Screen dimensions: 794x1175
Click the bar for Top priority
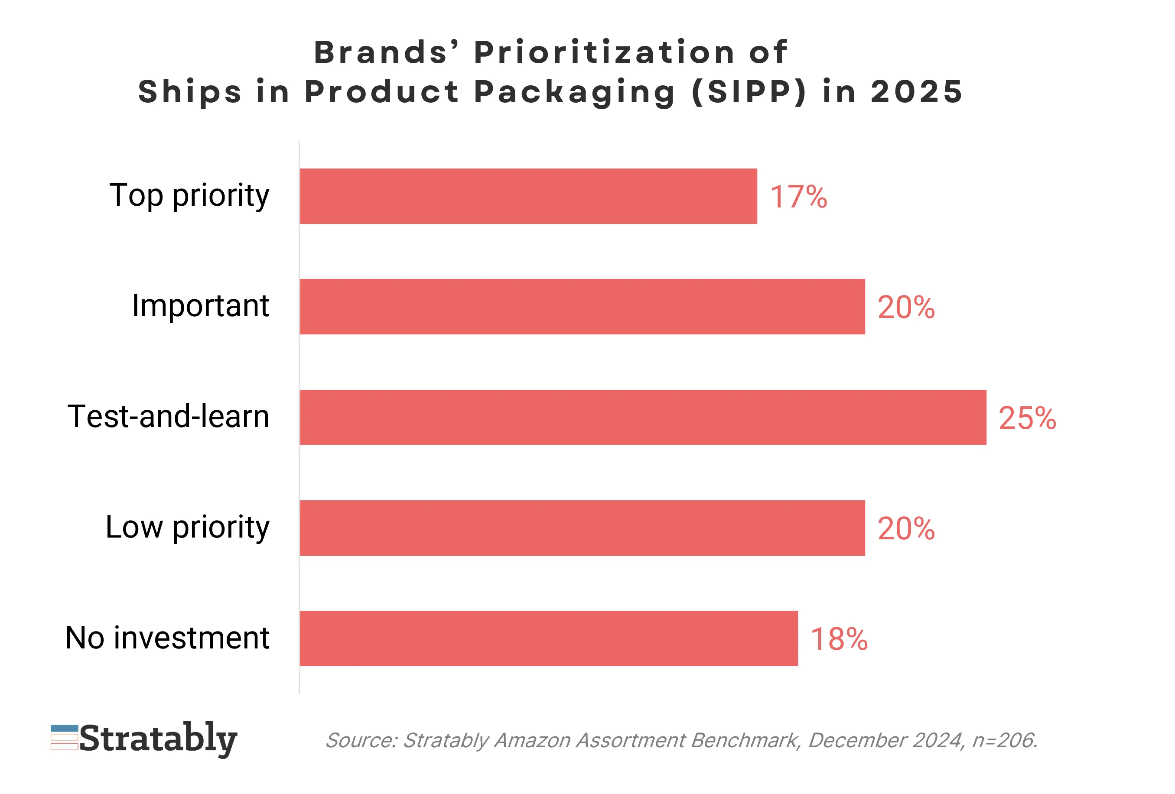528,196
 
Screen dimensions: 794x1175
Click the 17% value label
798,197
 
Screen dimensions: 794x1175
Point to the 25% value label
1027,418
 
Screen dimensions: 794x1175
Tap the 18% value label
839,639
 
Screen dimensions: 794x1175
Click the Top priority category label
189,196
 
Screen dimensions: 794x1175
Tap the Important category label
200,306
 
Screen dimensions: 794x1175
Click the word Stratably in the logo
158,739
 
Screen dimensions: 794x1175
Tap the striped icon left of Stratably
64,737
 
